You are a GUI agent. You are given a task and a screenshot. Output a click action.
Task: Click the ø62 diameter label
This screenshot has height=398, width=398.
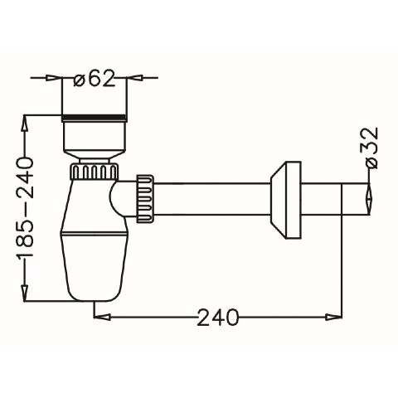pyautogui.click(x=94, y=78)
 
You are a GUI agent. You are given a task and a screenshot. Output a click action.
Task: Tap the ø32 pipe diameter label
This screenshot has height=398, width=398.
pyautogui.click(x=371, y=148)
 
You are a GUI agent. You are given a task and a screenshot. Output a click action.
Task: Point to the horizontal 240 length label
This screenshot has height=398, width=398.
pyautogui.click(x=217, y=317)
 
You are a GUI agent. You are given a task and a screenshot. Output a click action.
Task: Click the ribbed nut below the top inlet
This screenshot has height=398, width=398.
pyautogui.click(x=95, y=172)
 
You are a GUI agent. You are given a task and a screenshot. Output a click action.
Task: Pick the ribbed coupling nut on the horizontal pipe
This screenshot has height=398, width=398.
pyautogui.click(x=144, y=198)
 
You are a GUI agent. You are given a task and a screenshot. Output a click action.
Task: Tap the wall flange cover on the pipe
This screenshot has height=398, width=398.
pyautogui.click(x=285, y=200)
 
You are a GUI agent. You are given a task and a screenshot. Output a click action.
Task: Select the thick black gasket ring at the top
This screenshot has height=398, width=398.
pyautogui.click(x=95, y=118)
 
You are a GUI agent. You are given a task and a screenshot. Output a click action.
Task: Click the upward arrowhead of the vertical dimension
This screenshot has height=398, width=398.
pyautogui.click(x=25, y=124)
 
